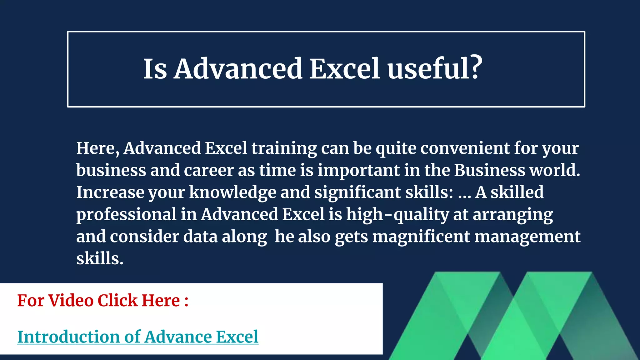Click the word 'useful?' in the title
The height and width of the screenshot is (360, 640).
tap(434, 69)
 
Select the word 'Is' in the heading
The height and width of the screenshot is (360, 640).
tap(155, 69)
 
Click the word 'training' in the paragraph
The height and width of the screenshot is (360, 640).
tap(284, 148)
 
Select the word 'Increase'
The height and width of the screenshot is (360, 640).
tap(110, 192)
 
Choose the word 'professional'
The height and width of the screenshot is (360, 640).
tap(126, 215)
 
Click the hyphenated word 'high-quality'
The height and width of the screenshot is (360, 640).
tap(397, 215)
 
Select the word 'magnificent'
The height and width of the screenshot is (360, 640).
tap(421, 237)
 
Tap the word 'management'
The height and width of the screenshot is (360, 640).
tap(527, 237)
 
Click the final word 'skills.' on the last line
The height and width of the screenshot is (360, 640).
tap(100, 259)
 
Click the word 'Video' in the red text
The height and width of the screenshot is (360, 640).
tap(71, 301)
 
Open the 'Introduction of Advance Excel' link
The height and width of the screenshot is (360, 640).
tap(138, 337)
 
